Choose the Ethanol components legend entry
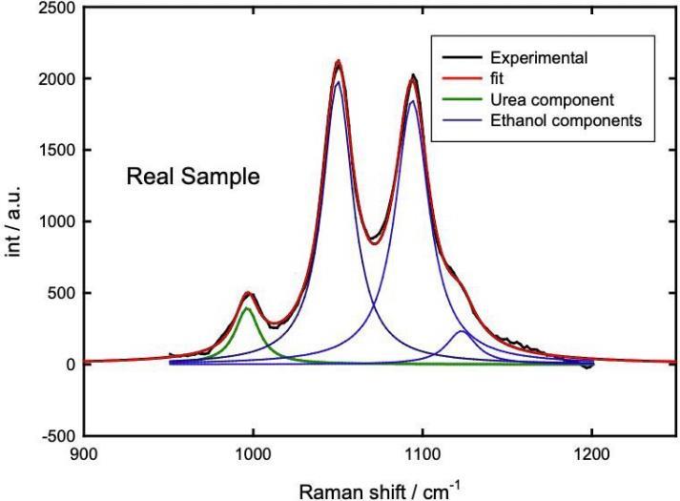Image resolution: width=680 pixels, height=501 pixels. [x=562, y=120]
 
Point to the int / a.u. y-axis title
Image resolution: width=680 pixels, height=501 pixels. [x=15, y=221]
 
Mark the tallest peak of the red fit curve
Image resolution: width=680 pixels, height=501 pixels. [x=338, y=62]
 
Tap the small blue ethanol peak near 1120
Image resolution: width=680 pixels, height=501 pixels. [x=462, y=331]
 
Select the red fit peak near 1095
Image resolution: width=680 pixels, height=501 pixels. [x=413, y=79]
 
